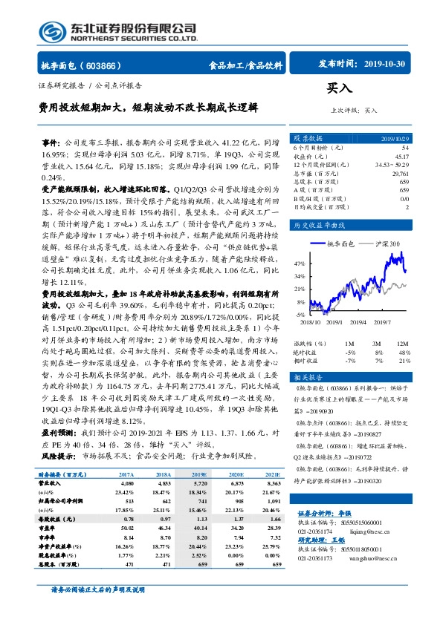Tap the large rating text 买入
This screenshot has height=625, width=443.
[340, 88]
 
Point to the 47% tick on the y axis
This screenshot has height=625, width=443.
[299, 264]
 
